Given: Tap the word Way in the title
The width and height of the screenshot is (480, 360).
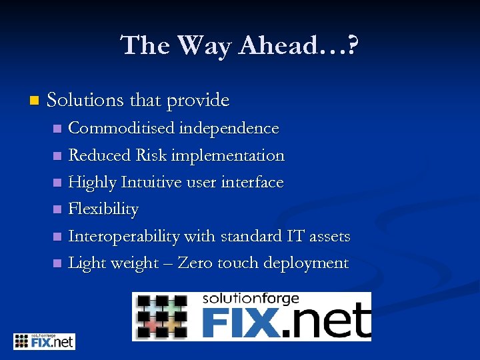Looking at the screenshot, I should click(x=205, y=46).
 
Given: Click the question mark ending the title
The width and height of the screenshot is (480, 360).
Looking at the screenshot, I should click(x=351, y=46).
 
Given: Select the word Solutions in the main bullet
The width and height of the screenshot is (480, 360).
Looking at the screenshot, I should click(x=85, y=101).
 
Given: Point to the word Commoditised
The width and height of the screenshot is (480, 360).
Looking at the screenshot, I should click(x=115, y=128).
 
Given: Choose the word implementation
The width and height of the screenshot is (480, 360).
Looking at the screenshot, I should click(x=228, y=155).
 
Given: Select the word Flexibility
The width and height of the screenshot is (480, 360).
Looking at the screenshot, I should click(x=103, y=209).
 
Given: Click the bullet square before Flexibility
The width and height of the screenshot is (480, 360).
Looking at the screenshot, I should click(x=57, y=210).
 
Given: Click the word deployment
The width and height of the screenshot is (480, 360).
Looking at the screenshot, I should click(x=306, y=263).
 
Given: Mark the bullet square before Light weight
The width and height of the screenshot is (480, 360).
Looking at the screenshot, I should click(x=57, y=264).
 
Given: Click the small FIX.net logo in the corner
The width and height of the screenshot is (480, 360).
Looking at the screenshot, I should click(x=44, y=341).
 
